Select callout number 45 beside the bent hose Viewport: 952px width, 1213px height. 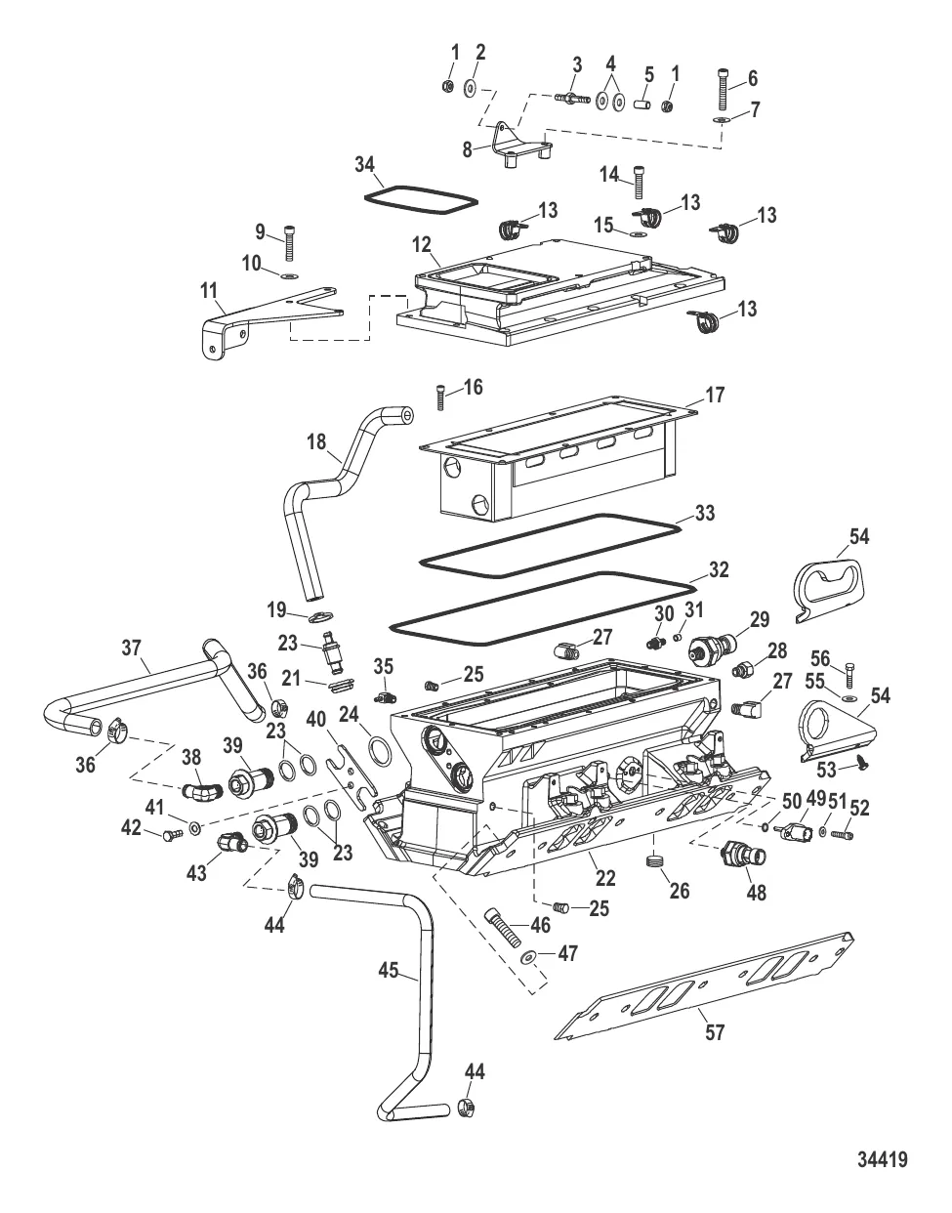coord(388,971)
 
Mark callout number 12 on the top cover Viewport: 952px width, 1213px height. coord(422,241)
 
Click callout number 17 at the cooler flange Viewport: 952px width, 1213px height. coord(716,395)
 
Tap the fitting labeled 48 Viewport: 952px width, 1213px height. coord(741,857)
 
